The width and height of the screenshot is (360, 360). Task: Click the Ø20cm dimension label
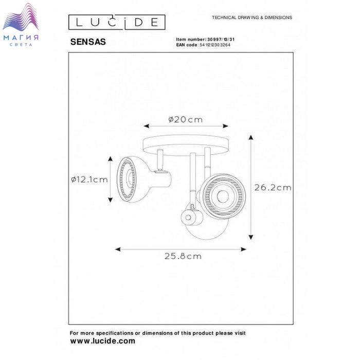tap(185, 120)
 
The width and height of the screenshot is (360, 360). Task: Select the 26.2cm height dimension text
tap(273, 188)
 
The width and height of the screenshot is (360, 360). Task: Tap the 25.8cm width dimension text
tap(183, 256)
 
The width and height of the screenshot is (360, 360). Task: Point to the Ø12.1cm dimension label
tap(89, 179)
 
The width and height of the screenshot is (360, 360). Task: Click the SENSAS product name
tap(88, 42)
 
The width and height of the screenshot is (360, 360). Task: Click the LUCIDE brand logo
tap(117, 22)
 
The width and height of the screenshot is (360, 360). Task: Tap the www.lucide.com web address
tap(103, 341)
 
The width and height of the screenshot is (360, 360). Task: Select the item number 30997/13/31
tap(221, 40)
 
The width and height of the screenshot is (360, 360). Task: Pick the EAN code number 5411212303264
tap(215, 45)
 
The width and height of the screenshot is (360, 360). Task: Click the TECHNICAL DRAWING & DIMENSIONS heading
tap(252, 17)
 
